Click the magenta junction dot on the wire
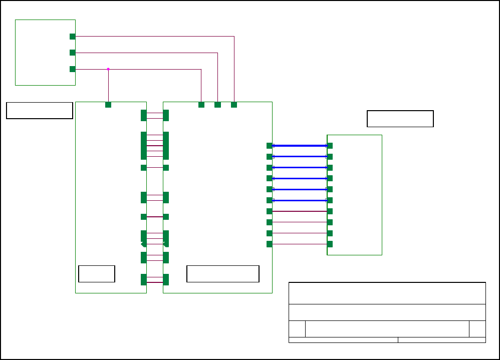point(108,69)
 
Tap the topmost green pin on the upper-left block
point(73,37)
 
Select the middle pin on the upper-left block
point(73,53)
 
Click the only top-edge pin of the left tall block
point(108,105)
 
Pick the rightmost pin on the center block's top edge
point(234,105)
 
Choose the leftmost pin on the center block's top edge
point(201,105)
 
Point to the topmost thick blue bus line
point(300,146)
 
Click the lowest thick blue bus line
point(300,200)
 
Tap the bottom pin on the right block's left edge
point(330,244)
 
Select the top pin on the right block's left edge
point(330,146)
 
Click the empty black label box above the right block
point(400,119)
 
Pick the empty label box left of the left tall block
point(40,111)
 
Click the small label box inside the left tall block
point(97,274)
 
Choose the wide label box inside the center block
point(223,274)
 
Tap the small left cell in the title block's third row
point(297,329)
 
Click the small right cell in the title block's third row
point(477,329)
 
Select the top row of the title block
point(387,293)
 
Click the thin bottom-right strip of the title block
point(442,340)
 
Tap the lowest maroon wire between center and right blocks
point(300,244)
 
